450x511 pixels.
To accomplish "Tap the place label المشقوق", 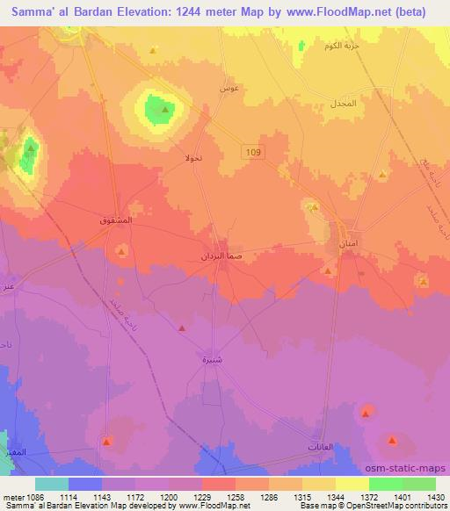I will [116, 220].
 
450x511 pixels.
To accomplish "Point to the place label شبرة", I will [211, 360].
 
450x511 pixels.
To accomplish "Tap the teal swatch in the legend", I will [52, 484].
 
